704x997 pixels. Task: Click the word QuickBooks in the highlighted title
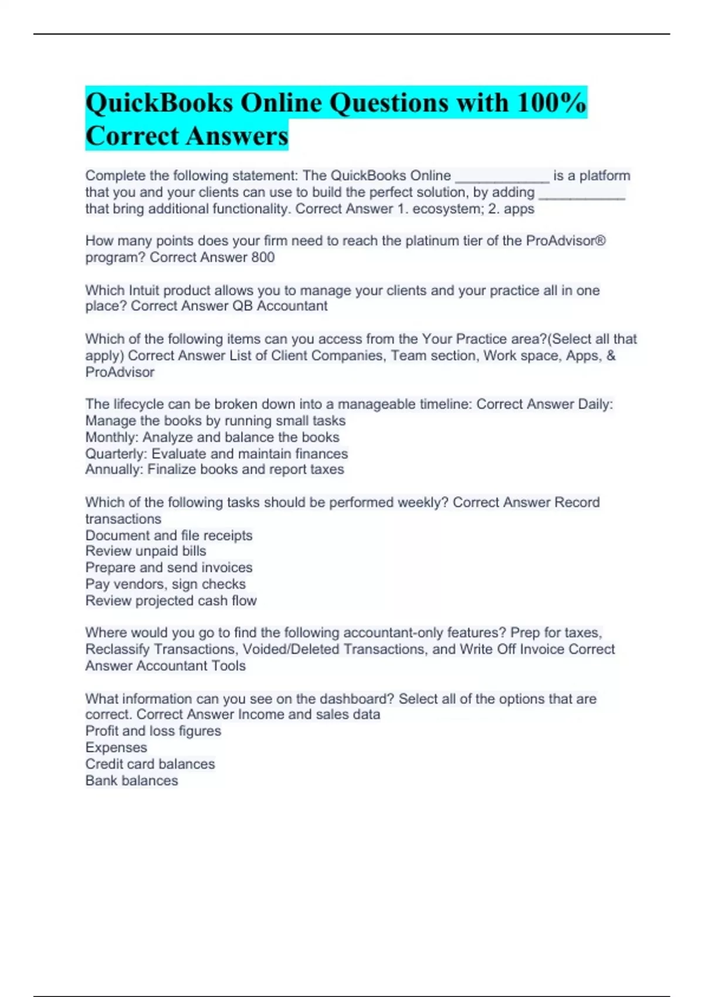pyautogui.click(x=159, y=103)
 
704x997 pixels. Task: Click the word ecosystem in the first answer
pyautogui.click(x=448, y=209)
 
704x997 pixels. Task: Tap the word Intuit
pyautogui.click(x=144, y=290)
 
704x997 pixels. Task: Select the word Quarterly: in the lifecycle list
pyautogui.click(x=116, y=454)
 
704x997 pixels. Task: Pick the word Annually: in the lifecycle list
pyautogui.click(x=114, y=470)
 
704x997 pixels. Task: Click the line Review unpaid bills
pyautogui.click(x=145, y=551)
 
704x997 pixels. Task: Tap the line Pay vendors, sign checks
pyautogui.click(x=165, y=584)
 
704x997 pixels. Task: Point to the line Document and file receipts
pyautogui.click(x=169, y=535)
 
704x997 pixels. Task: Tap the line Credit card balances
pyautogui.click(x=150, y=764)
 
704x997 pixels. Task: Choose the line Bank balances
pyautogui.click(x=131, y=781)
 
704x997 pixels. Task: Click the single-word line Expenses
pyautogui.click(x=116, y=748)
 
